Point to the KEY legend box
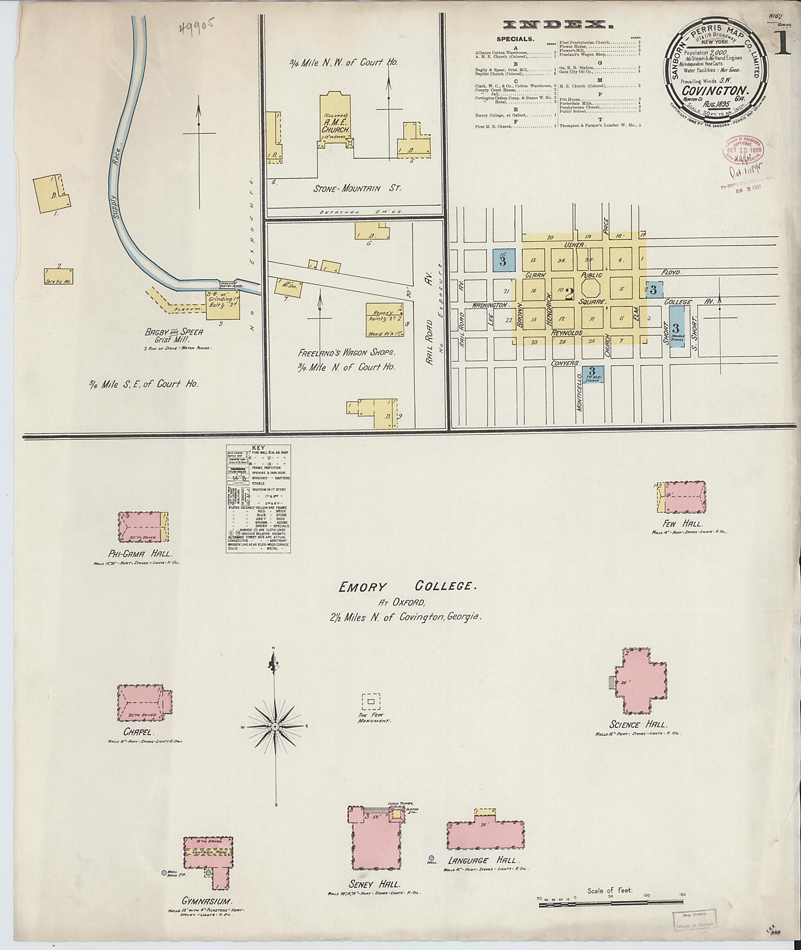coord(259,498)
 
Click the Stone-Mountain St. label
coord(357,188)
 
